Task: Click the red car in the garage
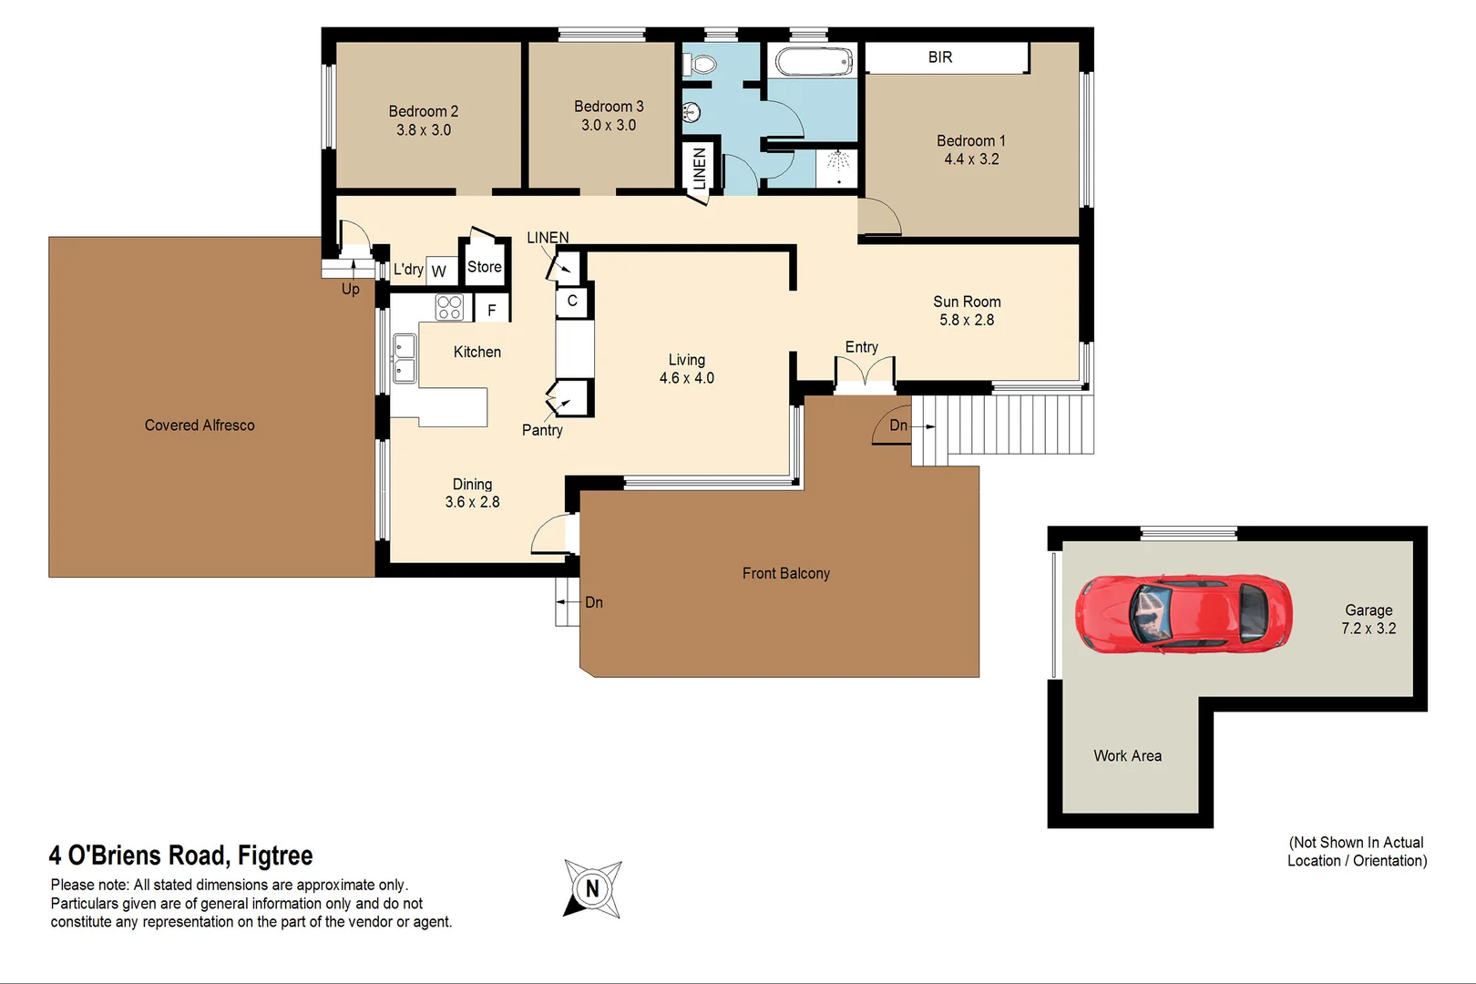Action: [x=1184, y=614]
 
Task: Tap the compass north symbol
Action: [x=592, y=888]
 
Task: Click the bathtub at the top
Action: [x=813, y=62]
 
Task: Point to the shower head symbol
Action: [x=838, y=160]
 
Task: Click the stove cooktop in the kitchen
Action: [x=449, y=307]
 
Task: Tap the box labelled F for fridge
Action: [x=492, y=310]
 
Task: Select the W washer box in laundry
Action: [x=439, y=272]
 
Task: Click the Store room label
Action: [x=484, y=267]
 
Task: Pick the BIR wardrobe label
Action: [x=940, y=57]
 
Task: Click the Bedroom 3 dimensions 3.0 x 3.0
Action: [x=609, y=126]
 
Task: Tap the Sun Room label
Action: [x=967, y=302]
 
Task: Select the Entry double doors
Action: [x=865, y=374]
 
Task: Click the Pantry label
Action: [x=542, y=430]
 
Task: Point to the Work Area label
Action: [x=1127, y=756]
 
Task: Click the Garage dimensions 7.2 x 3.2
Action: [x=1368, y=629]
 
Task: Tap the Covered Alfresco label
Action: [x=200, y=425]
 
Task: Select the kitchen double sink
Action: [x=404, y=359]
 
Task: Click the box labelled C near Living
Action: [x=572, y=301]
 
